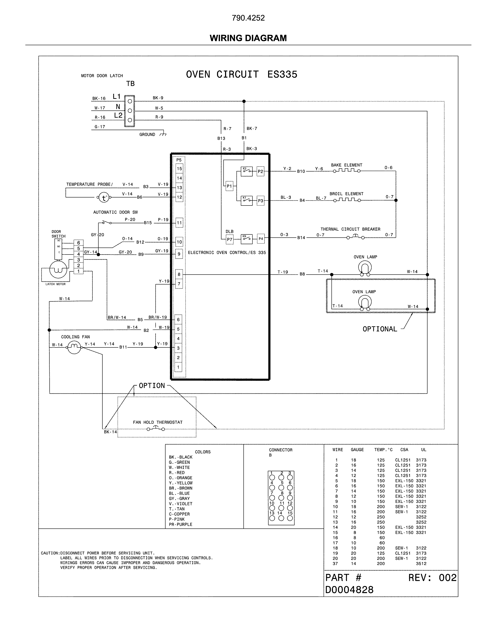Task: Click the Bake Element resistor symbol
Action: [x=346, y=171]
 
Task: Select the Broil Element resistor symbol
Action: [x=346, y=200]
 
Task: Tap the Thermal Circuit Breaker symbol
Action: [x=355, y=237]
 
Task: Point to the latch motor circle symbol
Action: [x=58, y=270]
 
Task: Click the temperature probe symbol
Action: [x=104, y=197]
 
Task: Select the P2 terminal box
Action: [x=260, y=172]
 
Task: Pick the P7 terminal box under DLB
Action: [x=229, y=239]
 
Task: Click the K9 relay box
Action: [x=246, y=238]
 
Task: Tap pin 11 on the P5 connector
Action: [x=179, y=223]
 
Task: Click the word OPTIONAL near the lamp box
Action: [x=380, y=329]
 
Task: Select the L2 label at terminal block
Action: [x=118, y=116]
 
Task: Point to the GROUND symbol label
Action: [x=147, y=134]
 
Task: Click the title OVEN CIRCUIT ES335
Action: [x=242, y=75]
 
